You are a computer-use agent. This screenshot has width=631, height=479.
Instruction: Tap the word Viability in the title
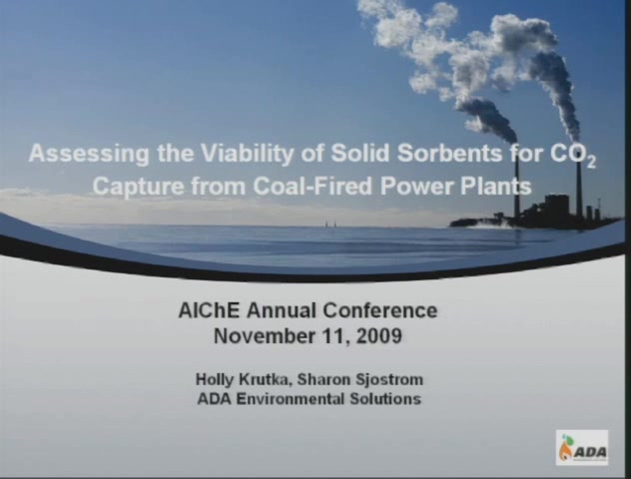(248, 154)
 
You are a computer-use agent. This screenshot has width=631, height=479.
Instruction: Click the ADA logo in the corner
(582, 448)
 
